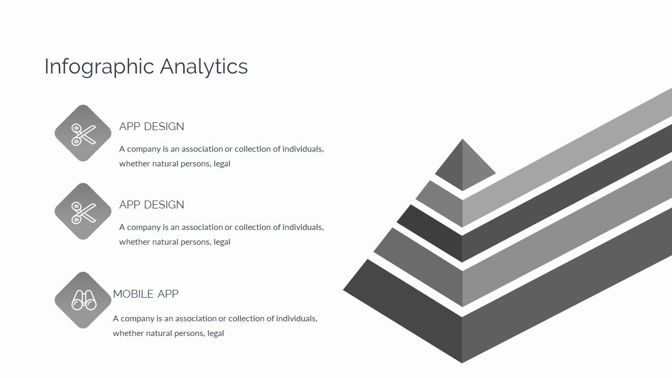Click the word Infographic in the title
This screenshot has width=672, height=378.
tap(99, 67)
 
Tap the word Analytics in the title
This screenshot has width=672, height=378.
tap(204, 67)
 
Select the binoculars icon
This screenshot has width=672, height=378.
tap(83, 300)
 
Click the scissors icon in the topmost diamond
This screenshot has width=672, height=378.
tap(83, 135)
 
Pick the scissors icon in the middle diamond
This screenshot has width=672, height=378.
tap(83, 213)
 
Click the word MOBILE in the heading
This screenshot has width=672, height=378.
tap(133, 294)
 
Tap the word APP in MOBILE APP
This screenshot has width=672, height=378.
tap(168, 294)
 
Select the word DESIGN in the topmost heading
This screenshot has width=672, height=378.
tap(164, 127)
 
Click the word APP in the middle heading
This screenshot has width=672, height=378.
tap(130, 205)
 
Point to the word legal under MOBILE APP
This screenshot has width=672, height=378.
tap(216, 333)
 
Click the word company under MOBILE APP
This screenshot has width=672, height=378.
tap(138, 319)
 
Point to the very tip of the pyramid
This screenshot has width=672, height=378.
tap(463, 139)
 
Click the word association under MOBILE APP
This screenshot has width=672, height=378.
tap(196, 318)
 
